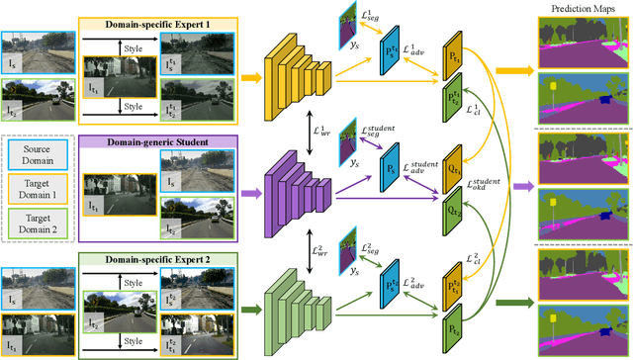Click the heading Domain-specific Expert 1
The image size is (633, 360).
click(155, 22)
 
